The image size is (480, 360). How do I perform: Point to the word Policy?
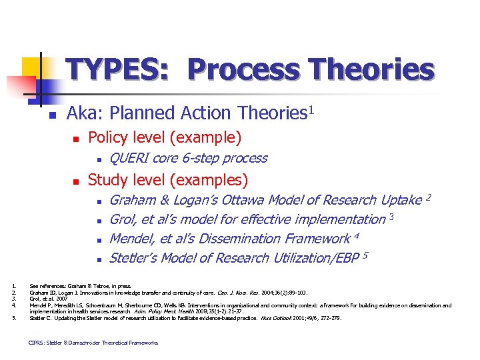[x=108, y=138]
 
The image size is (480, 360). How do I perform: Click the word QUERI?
[x=129, y=158]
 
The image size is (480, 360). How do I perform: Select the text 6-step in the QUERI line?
[x=201, y=158]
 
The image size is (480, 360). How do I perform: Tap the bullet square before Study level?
[x=76, y=181]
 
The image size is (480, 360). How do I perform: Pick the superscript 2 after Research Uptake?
[x=429, y=197]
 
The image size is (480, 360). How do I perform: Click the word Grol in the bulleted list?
[x=123, y=219]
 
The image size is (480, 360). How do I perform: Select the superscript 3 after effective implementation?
[x=393, y=216]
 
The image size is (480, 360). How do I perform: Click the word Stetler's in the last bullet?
[x=135, y=258]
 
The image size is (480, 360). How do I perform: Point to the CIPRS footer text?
[x=93, y=343]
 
